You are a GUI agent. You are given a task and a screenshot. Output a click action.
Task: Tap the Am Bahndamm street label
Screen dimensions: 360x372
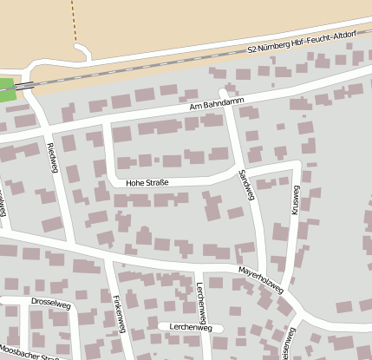tap(218, 103)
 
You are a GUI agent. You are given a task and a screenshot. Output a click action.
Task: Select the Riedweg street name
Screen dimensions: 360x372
tap(52, 157)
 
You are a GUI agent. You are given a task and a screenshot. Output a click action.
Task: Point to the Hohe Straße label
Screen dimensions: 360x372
tap(147, 183)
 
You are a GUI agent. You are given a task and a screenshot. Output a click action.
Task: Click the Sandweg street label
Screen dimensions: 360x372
tap(247, 186)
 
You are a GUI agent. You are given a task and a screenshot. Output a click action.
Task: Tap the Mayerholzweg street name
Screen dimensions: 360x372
tap(261, 280)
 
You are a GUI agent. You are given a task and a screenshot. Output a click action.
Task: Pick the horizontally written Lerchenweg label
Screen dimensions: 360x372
tap(191, 328)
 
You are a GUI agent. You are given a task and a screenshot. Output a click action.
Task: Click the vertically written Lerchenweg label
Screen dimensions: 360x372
tap(201, 298)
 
